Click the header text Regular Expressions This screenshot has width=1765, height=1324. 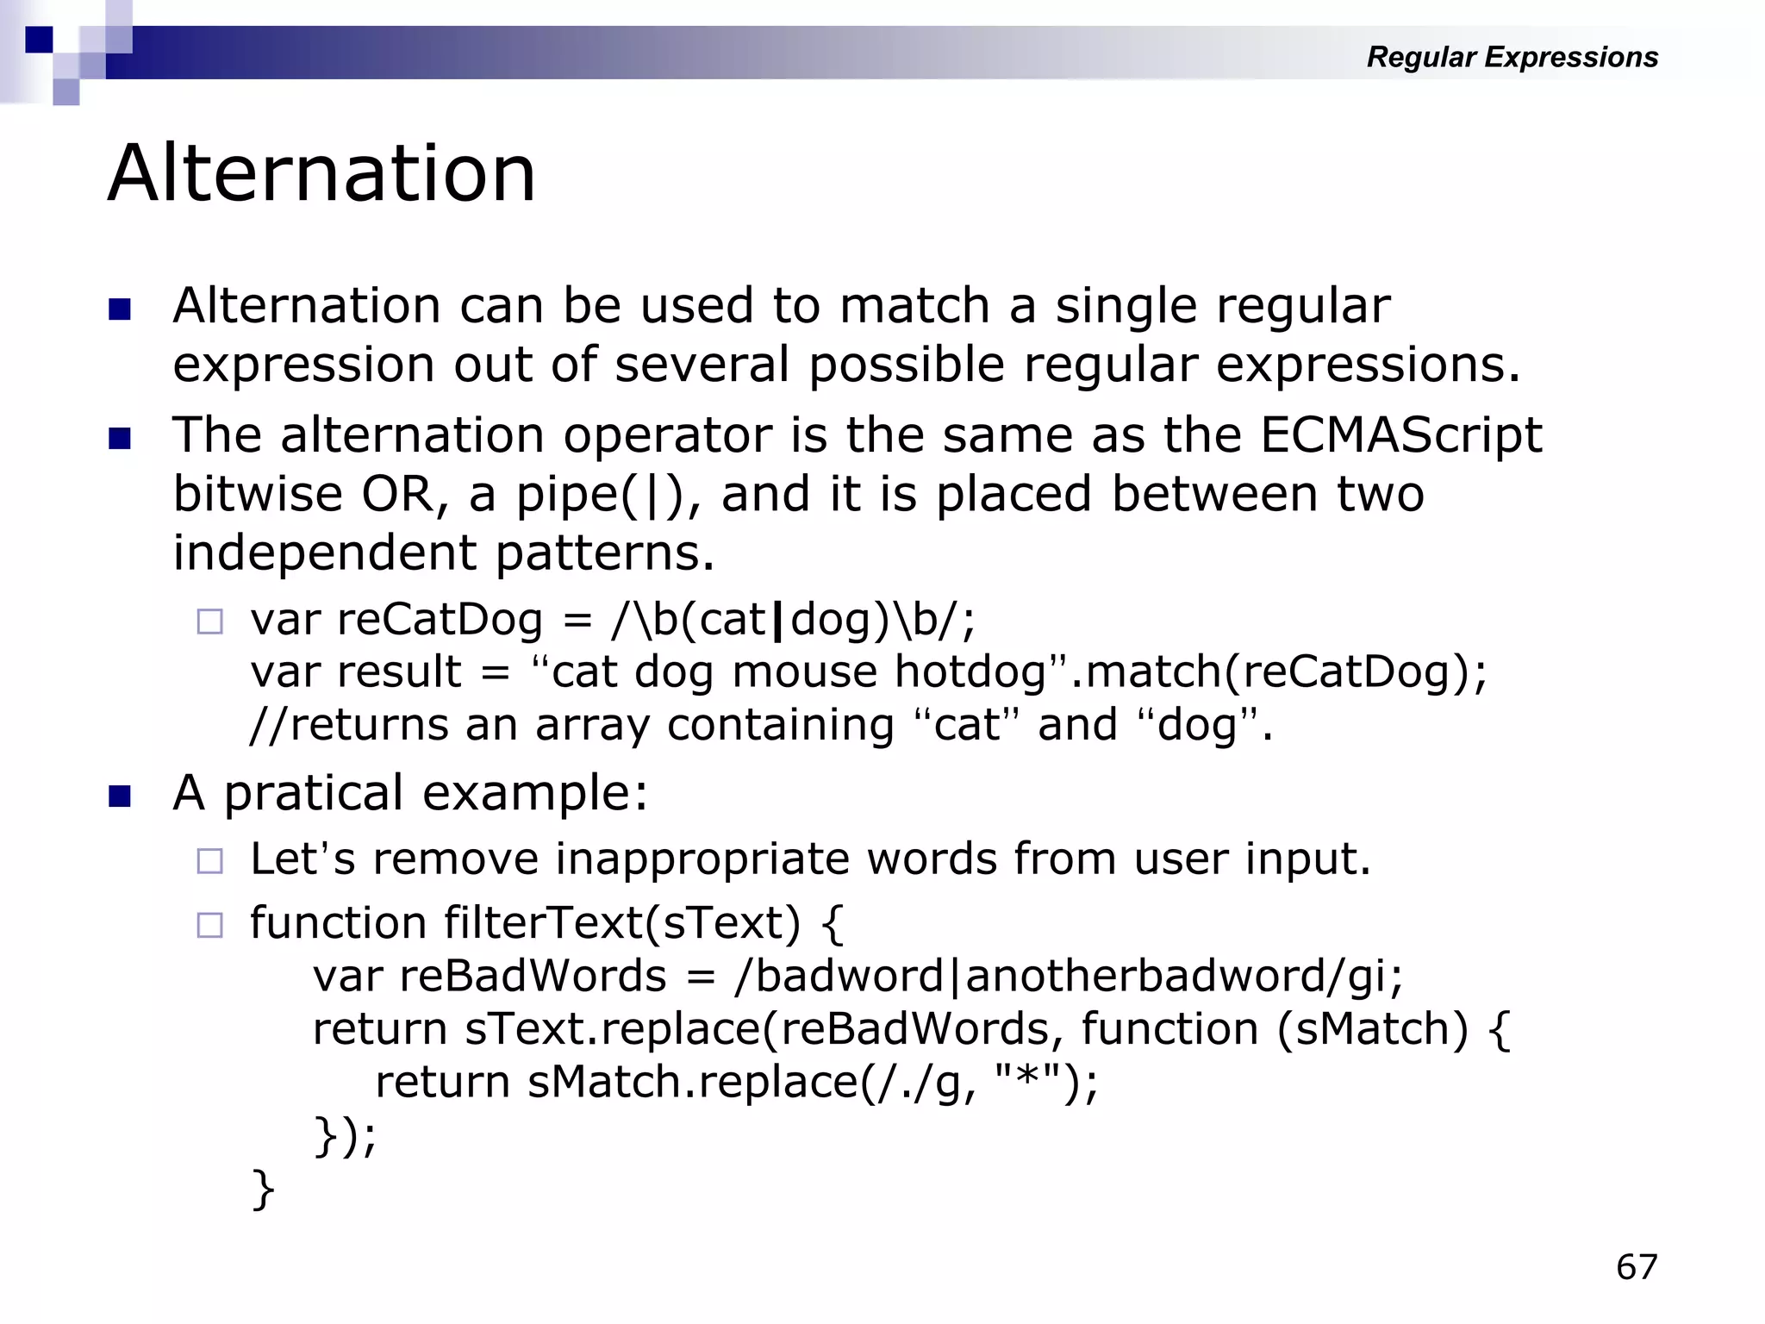(1512, 57)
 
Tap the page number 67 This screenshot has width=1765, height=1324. (1636, 1267)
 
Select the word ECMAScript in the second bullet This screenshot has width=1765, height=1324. (1400, 435)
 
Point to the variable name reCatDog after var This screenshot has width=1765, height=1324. (440, 620)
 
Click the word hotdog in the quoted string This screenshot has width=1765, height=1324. (970, 672)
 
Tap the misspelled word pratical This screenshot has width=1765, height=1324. (314, 793)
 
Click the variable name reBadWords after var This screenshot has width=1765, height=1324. (533, 977)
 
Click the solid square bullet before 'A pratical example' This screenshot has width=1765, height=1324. (120, 795)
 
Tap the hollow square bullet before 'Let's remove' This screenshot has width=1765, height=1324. (209, 860)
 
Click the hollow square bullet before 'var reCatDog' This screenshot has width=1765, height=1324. (209, 621)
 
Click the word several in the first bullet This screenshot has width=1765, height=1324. (702, 365)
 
